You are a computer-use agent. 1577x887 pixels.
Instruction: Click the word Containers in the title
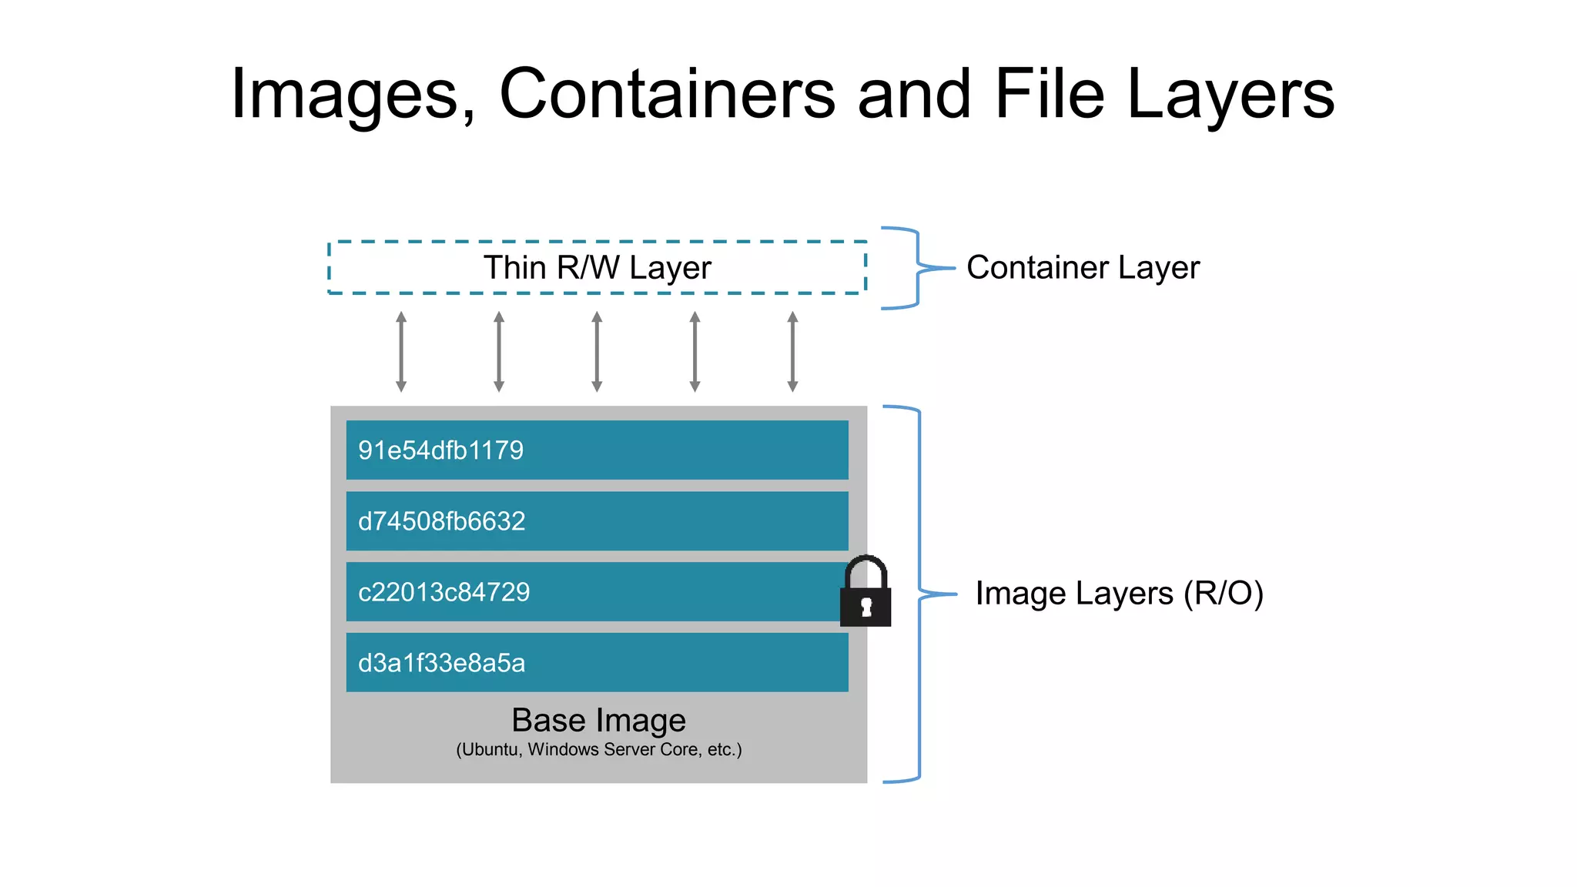click(x=667, y=94)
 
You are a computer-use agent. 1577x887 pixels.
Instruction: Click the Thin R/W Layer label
click(x=597, y=268)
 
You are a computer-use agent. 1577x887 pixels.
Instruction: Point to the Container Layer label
click(x=1082, y=268)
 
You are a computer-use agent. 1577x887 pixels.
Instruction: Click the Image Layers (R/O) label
click(x=1119, y=594)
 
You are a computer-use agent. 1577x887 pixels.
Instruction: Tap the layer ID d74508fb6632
click(x=441, y=521)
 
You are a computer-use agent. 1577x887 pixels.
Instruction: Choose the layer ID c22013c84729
click(x=444, y=592)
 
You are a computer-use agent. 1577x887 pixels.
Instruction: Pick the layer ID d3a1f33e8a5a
click(x=441, y=663)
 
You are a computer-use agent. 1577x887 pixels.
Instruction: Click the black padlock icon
click(x=866, y=594)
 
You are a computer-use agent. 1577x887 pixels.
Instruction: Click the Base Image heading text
click(x=598, y=721)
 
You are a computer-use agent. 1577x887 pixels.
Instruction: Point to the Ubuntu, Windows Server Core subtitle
click(x=598, y=750)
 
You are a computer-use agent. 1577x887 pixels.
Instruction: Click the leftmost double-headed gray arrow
click(x=401, y=352)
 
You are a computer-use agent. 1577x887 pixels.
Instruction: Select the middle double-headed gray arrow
click(x=597, y=352)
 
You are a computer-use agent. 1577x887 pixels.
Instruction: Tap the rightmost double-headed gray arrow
click(x=792, y=352)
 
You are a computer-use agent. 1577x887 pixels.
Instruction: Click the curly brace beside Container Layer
click(x=916, y=268)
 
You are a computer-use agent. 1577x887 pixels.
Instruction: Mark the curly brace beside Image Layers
click(x=919, y=594)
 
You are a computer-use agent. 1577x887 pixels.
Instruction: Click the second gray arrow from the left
click(x=499, y=352)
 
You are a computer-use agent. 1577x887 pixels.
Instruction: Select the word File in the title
click(x=1049, y=94)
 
